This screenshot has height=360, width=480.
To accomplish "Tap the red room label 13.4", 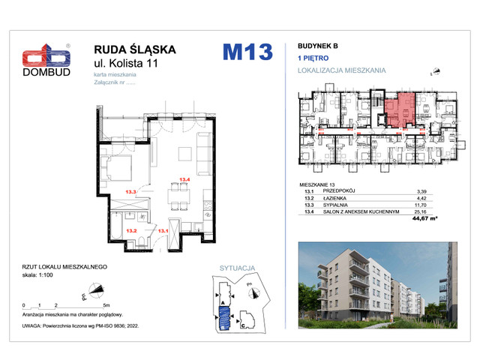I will (184, 179).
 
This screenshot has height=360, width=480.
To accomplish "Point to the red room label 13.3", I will (133, 193).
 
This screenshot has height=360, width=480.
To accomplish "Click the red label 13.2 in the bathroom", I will (131, 230).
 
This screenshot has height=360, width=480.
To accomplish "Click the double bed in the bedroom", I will (119, 168).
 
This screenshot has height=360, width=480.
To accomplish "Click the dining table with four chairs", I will (177, 197).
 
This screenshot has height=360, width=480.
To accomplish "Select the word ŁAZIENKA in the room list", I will (336, 199).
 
